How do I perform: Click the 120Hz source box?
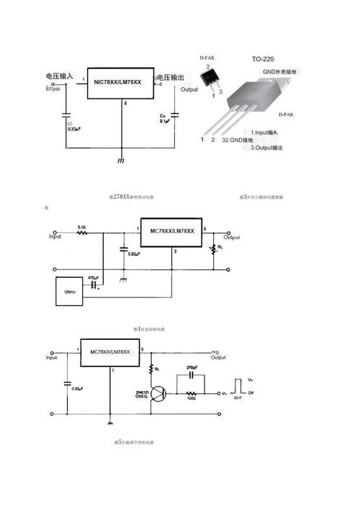coord(70,292)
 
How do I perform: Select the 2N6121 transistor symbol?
coord(159,394)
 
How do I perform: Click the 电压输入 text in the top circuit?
coord(60,76)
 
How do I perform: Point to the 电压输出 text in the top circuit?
coord(170,77)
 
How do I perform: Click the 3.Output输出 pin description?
coord(266,148)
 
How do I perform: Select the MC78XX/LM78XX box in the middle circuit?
coord(172,230)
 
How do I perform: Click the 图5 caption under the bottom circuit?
coord(134,442)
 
